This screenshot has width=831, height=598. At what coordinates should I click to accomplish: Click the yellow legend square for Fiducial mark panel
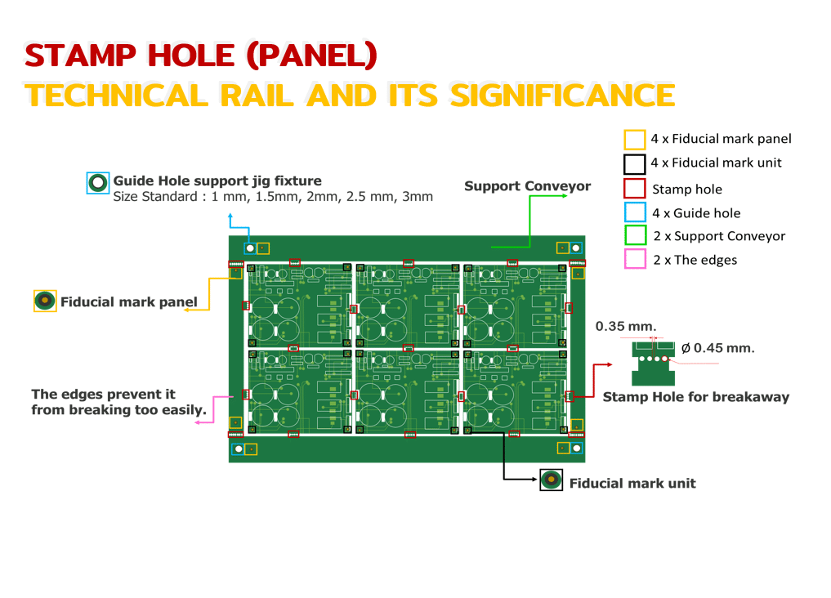click(635, 140)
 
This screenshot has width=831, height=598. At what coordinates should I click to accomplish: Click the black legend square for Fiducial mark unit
click(635, 163)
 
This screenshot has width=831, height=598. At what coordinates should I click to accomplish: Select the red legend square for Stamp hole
click(635, 189)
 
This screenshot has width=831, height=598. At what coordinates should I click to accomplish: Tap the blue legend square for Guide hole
click(635, 213)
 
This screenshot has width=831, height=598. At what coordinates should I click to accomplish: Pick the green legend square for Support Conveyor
click(635, 236)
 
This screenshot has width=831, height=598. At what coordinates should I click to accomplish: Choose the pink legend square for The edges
click(635, 260)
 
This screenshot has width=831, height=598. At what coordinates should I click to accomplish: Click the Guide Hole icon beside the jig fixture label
click(98, 183)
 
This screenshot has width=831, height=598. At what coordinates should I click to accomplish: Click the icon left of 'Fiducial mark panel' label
click(44, 301)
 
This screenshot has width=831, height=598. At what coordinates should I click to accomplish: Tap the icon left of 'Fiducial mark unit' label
click(552, 480)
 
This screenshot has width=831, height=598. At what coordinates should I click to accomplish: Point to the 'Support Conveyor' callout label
click(527, 186)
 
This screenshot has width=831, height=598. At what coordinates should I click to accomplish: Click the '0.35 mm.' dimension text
click(625, 327)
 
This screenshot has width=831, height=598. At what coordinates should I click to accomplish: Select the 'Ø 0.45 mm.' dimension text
click(717, 348)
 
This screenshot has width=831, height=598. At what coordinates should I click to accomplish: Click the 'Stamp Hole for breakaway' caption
click(695, 397)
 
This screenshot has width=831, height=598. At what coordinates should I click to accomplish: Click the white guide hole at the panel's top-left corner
click(251, 248)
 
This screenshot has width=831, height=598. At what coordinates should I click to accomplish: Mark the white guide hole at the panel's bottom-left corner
click(239, 448)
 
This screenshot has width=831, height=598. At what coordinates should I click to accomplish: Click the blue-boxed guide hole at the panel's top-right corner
click(576, 248)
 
